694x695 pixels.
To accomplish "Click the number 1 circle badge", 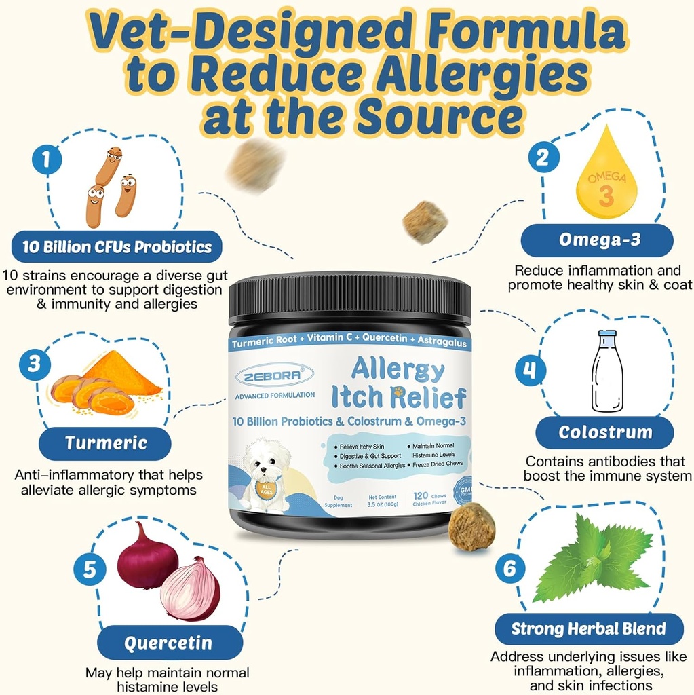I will pyautogui.click(x=46, y=160).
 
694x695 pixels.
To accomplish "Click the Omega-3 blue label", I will pyautogui.click(x=596, y=240).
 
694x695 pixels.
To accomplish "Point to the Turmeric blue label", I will pyautogui.click(x=106, y=443).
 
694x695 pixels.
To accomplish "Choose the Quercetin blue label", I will pyautogui.click(x=168, y=643).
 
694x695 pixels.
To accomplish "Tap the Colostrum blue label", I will pyautogui.click(x=604, y=432).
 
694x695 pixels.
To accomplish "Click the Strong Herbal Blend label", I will pyautogui.click(x=588, y=628).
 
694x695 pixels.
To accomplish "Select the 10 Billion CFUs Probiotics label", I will pyautogui.click(x=117, y=247).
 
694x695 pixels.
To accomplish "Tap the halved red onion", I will pyautogui.click(x=191, y=589).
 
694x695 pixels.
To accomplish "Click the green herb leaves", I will pyautogui.click(x=593, y=558).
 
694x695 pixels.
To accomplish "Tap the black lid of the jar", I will pyautogui.click(x=349, y=299).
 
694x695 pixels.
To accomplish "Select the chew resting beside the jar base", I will pyautogui.click(x=471, y=528).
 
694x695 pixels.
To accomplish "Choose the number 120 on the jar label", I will pyautogui.click(x=419, y=497).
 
